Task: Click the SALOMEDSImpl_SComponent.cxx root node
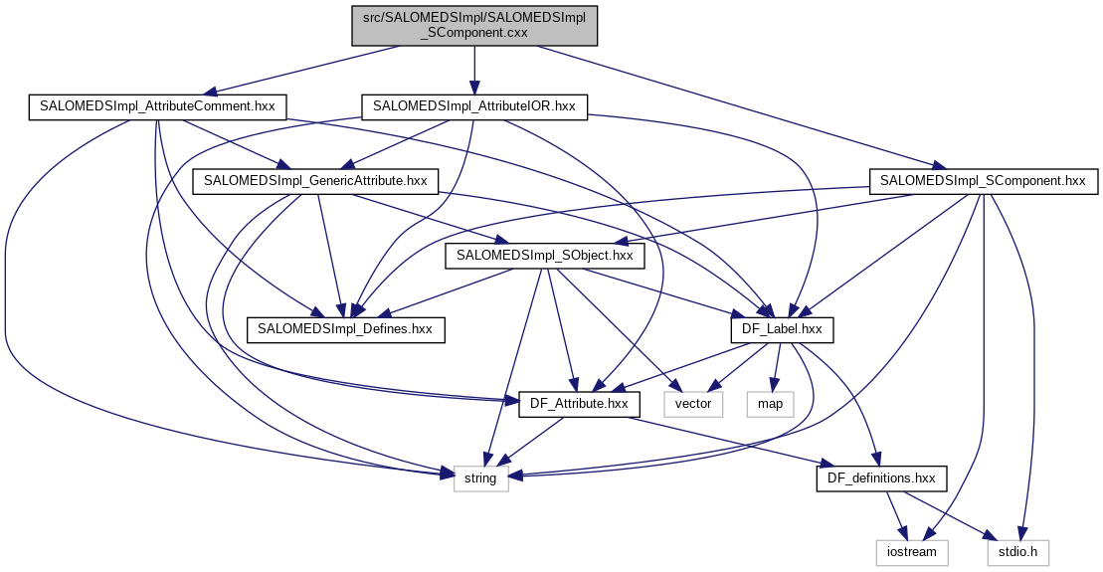pos(474,24)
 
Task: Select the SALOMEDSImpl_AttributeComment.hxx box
pos(157,105)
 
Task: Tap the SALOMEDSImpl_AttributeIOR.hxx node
pos(474,105)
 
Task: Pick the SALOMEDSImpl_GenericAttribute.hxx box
pos(315,180)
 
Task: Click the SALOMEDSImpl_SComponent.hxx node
pos(984,181)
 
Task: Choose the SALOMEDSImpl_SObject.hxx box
pos(545,256)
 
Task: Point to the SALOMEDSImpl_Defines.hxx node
pos(345,328)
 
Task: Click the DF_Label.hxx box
pos(782,328)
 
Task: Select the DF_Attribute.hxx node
pos(579,403)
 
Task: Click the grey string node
pos(481,478)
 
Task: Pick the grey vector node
pos(693,403)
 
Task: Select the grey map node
pos(769,403)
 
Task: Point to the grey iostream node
pos(911,550)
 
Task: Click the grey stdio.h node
pos(1016,550)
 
